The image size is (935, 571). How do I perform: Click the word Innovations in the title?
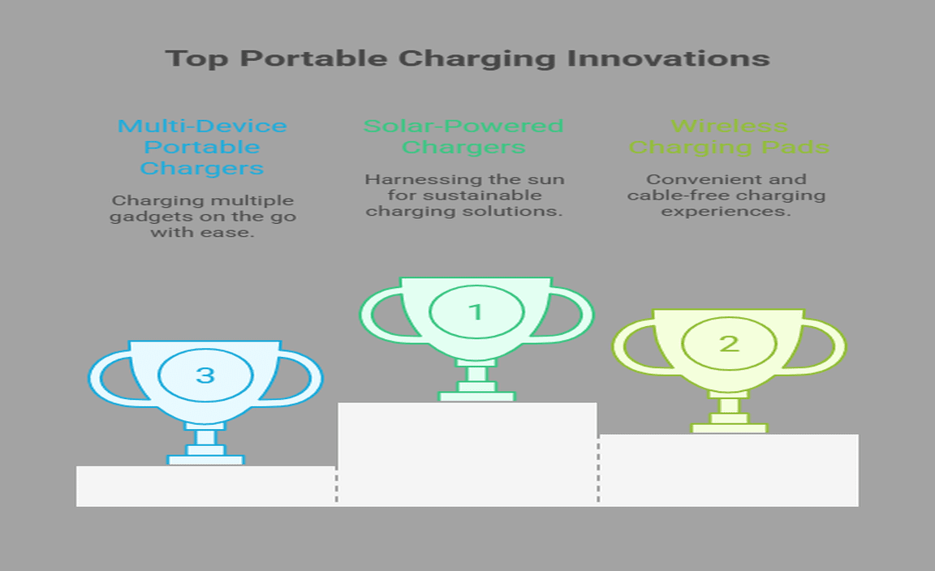pos(668,58)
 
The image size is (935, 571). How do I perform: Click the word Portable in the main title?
pos(313,58)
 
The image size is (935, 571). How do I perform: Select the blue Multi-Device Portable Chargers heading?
pos(202,148)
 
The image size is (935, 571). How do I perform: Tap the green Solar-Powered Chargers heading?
pos(463,136)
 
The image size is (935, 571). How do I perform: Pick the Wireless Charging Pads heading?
pos(729,136)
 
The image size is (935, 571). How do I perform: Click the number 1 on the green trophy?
pos(476,311)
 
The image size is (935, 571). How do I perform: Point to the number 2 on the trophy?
pos(729,343)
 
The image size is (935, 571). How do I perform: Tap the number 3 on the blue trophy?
pos(205,375)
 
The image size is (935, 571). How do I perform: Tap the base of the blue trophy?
pos(205,460)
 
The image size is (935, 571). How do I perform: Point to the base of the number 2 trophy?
pos(729,428)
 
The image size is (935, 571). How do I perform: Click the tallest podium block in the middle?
pos(467,454)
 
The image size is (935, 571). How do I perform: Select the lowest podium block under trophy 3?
pos(206,486)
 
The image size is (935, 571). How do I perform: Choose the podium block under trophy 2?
pos(728,470)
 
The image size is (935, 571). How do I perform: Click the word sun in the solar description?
pos(546,179)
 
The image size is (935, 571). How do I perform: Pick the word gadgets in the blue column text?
pos(136,217)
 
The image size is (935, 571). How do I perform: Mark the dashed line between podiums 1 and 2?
pos(598,470)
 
